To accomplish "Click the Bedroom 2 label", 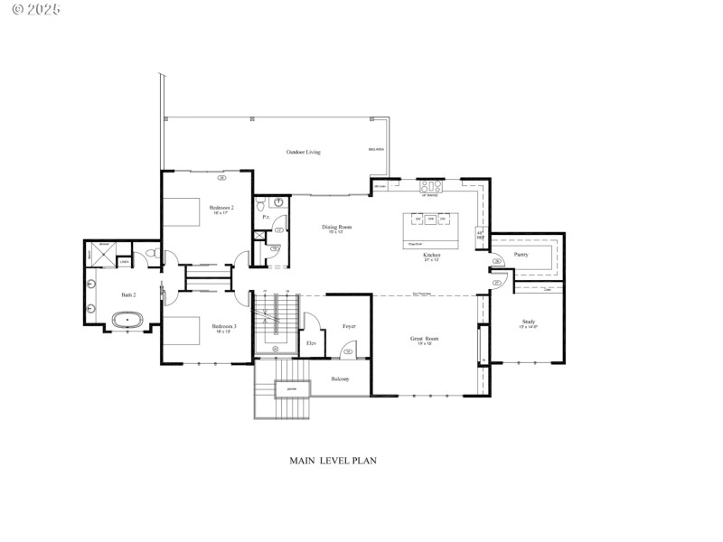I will pyautogui.click(x=221, y=208).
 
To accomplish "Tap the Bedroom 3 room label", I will pyautogui.click(x=224, y=326).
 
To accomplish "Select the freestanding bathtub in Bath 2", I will pyautogui.click(x=127, y=319).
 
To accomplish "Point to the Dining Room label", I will pyautogui.click(x=336, y=227).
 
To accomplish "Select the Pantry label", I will pyautogui.click(x=521, y=255).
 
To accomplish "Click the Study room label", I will pyautogui.click(x=529, y=322).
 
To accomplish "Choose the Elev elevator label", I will pyautogui.click(x=311, y=343).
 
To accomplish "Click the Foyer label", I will pyautogui.click(x=349, y=325).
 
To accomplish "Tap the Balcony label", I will pyautogui.click(x=341, y=378).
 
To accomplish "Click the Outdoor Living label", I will pyautogui.click(x=304, y=152).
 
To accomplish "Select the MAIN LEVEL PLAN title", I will pyautogui.click(x=333, y=460).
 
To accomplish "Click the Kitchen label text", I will pyautogui.click(x=432, y=256).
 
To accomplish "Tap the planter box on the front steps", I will pyautogui.click(x=291, y=388).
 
